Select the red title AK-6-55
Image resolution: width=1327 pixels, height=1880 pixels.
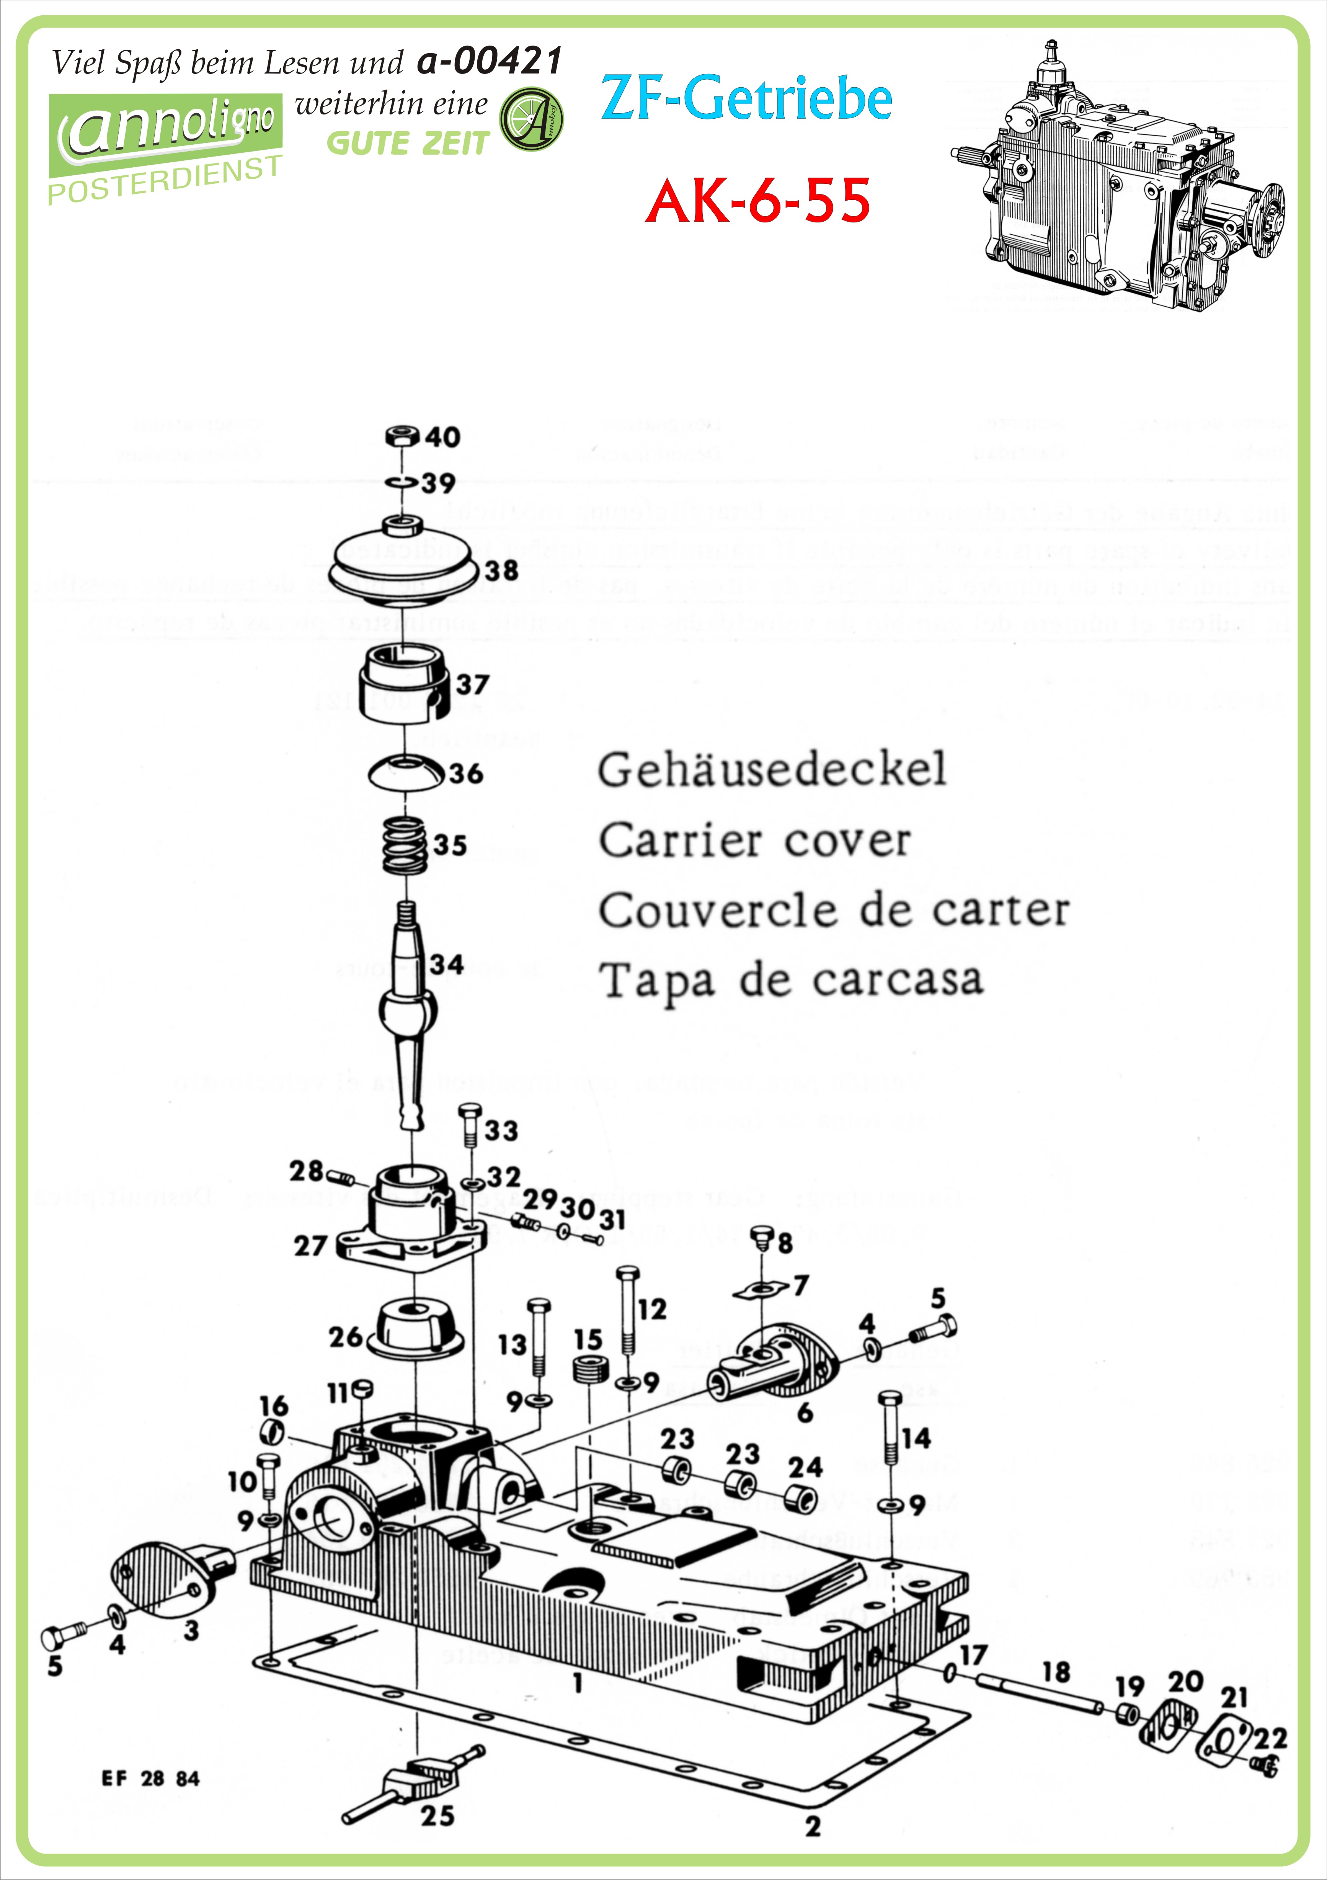tap(757, 201)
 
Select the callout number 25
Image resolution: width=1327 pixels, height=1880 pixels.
tap(437, 1816)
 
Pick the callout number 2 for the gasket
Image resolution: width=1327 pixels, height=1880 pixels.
tap(812, 1826)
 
